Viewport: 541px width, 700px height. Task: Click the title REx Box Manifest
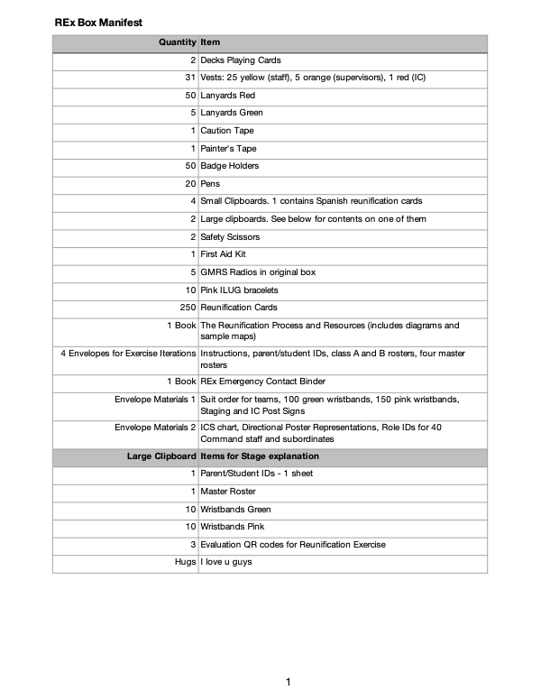pyautogui.click(x=97, y=21)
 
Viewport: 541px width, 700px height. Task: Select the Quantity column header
pyautogui.click(x=177, y=42)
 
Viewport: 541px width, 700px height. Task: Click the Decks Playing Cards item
pyautogui.click(x=240, y=60)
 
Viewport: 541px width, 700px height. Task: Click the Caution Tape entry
pyautogui.click(x=226, y=131)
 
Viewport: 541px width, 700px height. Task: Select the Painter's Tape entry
pyautogui.click(x=229, y=149)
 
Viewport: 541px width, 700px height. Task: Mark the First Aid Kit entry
pyautogui.click(x=222, y=254)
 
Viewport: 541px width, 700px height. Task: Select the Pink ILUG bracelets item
pyautogui.click(x=239, y=290)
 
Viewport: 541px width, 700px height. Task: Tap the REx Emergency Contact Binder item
pyautogui.click(x=263, y=382)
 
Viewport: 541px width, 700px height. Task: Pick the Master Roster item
pyautogui.click(x=227, y=492)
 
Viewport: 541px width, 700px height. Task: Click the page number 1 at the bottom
pyautogui.click(x=287, y=683)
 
